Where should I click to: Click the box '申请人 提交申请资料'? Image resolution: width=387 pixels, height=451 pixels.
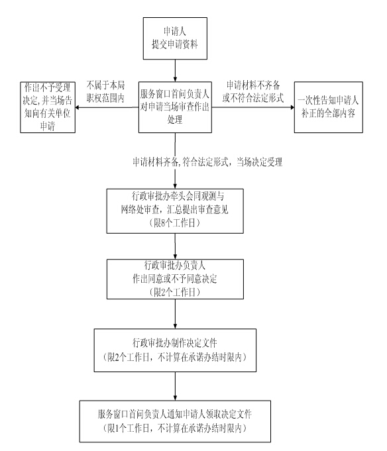175,38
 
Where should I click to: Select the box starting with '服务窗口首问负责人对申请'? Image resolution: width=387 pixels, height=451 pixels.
175,107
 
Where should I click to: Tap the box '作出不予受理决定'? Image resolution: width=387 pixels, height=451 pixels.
48,107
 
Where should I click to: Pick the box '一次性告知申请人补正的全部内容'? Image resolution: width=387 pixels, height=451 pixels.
328,107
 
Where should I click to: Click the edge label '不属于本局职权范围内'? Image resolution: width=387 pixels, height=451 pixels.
105,91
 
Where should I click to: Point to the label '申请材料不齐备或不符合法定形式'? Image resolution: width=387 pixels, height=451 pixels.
253,91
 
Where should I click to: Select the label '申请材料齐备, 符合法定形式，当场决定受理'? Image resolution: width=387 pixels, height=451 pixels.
207,162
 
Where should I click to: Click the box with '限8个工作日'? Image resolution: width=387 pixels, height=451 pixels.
175,211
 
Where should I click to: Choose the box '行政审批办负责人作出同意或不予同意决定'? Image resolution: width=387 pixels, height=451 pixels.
175,279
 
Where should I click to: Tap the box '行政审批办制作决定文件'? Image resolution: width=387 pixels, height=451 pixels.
175,350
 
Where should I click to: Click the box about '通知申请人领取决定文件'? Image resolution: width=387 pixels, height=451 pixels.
175,421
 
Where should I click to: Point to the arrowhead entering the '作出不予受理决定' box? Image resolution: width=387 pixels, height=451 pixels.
78,107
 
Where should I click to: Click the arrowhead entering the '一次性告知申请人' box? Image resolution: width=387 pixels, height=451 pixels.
292,107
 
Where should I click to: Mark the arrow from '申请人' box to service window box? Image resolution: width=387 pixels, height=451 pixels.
175,70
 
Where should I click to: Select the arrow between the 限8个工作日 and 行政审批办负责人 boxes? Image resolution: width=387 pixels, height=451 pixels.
175,246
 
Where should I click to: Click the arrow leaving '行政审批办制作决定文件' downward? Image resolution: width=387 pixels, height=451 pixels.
175,386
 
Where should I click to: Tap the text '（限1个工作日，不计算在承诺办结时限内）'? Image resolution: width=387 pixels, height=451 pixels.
175,428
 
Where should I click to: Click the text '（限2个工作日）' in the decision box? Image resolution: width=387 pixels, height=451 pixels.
175,292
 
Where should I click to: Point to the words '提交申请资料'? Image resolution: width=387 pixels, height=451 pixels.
175,44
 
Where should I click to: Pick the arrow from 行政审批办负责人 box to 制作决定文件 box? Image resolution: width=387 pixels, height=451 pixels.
175,314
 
